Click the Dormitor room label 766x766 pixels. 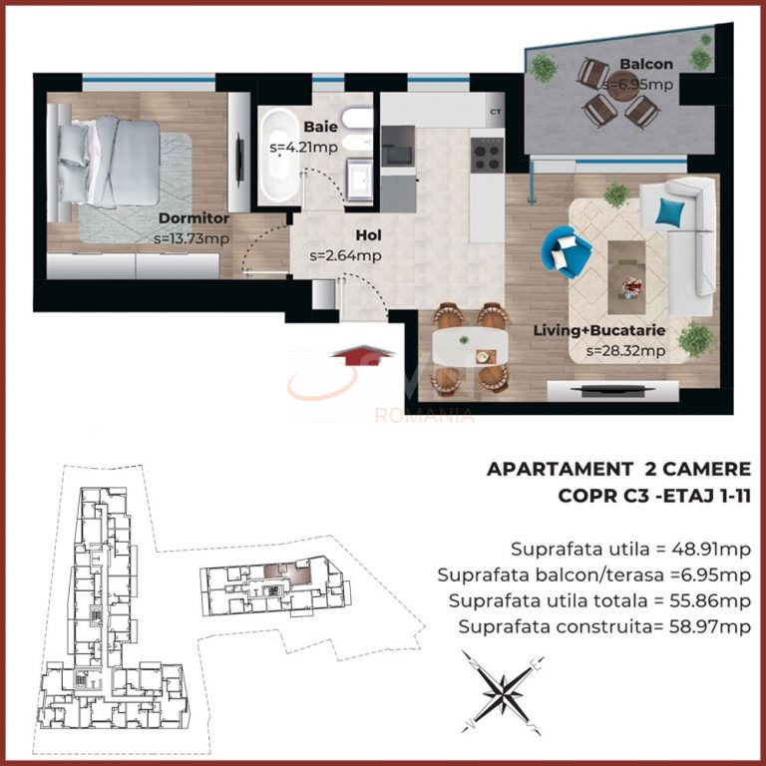(x=193, y=217)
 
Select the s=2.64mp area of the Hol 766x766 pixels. (x=345, y=255)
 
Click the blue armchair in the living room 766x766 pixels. (x=565, y=250)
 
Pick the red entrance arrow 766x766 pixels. (x=342, y=356)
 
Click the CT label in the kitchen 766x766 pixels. (x=496, y=113)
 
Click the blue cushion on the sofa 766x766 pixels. (x=671, y=211)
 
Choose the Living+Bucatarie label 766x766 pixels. (x=625, y=330)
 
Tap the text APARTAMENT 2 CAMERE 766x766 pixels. (x=617, y=469)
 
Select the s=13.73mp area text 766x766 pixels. (x=192, y=238)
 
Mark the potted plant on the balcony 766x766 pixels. (x=544, y=68)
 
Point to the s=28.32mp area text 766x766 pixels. (x=625, y=350)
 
